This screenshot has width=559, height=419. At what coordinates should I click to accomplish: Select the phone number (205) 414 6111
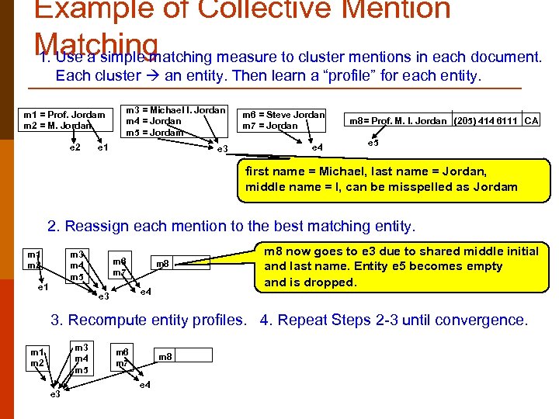[486, 120]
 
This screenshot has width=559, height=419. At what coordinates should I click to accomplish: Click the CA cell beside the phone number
[531, 120]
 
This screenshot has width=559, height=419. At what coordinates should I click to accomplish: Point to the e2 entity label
[75, 147]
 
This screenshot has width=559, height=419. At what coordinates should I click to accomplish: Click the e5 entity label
[373, 143]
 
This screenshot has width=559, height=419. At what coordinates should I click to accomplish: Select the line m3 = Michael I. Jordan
[175, 110]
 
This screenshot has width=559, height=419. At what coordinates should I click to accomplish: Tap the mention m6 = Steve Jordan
[284, 114]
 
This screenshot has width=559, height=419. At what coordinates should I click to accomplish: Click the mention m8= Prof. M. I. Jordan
[398, 120]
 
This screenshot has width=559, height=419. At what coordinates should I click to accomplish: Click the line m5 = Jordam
[155, 132]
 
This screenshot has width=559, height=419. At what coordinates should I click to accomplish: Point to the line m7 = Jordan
[270, 125]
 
